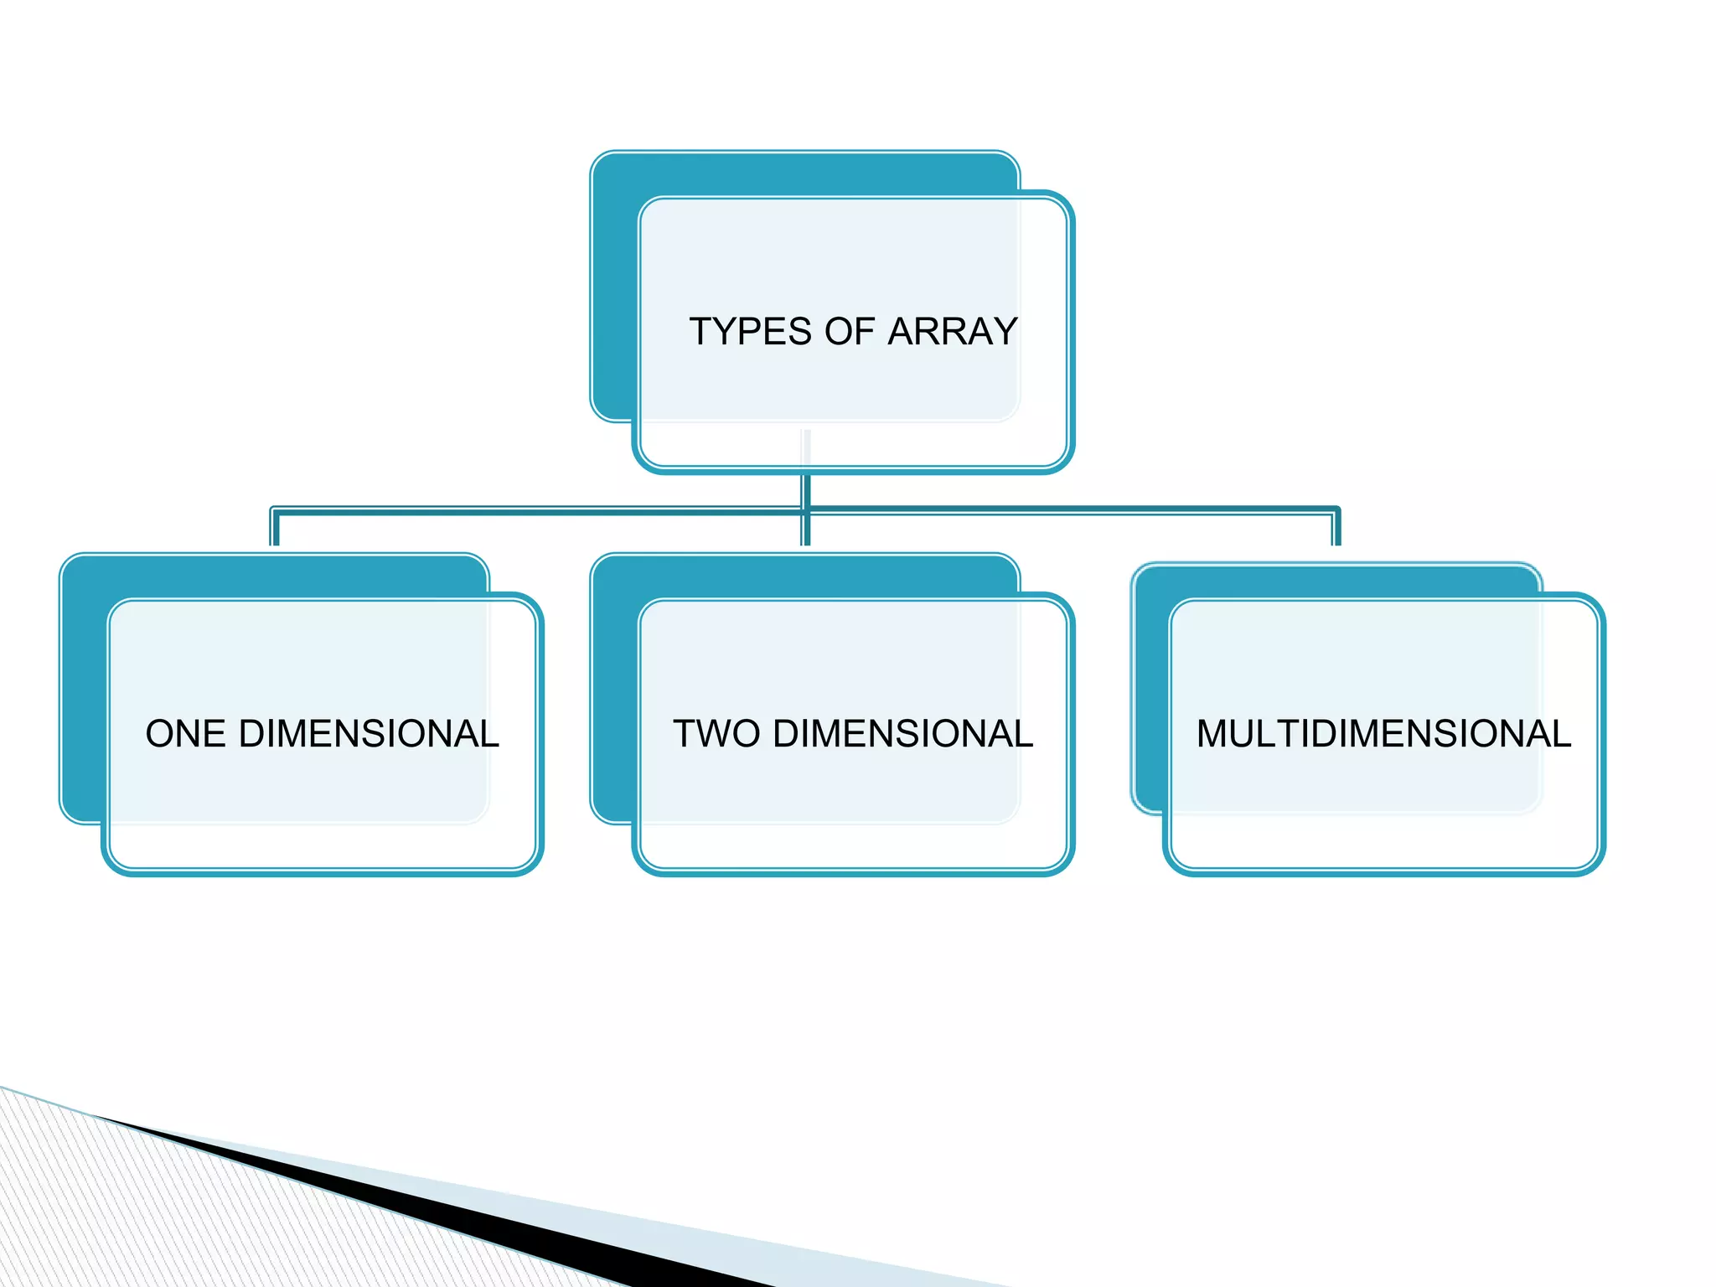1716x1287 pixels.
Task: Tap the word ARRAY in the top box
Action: (952, 332)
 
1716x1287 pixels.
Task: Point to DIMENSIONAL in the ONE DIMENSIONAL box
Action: (369, 734)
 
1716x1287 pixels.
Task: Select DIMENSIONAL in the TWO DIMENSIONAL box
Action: (902, 734)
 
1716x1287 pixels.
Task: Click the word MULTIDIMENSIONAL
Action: (1383, 734)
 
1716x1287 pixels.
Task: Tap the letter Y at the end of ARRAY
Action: (1003, 332)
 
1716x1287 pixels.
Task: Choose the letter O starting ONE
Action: (160, 734)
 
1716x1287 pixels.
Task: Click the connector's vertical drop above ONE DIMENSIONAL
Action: (275, 528)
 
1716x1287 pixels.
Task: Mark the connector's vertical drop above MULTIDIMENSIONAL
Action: (1336, 528)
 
